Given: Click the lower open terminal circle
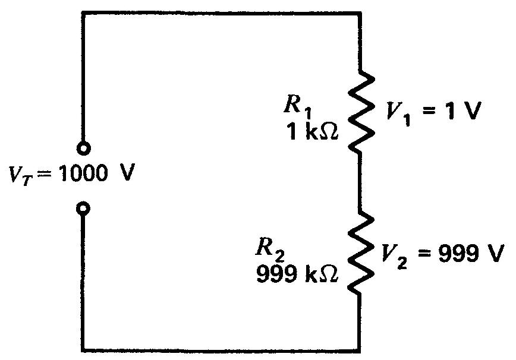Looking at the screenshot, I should click(84, 209).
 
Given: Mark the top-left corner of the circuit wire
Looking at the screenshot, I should click(84, 11).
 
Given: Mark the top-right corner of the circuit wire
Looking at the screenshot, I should click(360, 11).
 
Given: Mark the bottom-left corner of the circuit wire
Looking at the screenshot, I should click(84, 348).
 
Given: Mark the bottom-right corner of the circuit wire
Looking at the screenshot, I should click(360, 348).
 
